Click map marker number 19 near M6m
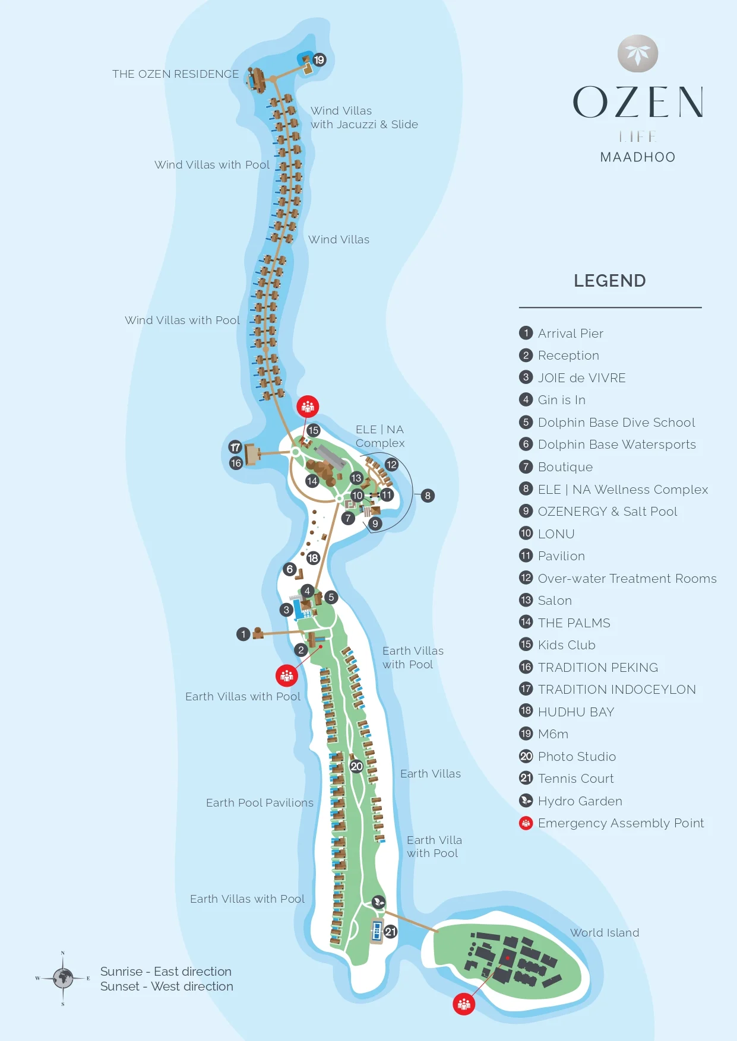[x=320, y=60]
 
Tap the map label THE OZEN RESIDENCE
[x=176, y=74]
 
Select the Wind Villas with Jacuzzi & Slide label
[x=364, y=118]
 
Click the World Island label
[x=605, y=932]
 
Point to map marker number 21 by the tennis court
[x=390, y=932]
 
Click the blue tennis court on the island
[x=377, y=931]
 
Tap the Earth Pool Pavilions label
[x=260, y=803]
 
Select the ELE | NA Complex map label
[x=380, y=436]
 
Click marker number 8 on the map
[x=428, y=496]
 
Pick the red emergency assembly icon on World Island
[x=464, y=1004]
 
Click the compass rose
[x=62, y=977]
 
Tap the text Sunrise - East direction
[x=166, y=972]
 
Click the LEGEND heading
[x=610, y=281]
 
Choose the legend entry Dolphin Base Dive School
[x=616, y=423]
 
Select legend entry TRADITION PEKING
[x=598, y=668]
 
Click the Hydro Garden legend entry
[x=580, y=801]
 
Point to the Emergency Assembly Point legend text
[x=621, y=823]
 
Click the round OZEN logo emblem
[x=638, y=53]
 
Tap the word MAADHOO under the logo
[x=638, y=157]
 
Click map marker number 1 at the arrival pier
[x=243, y=634]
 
